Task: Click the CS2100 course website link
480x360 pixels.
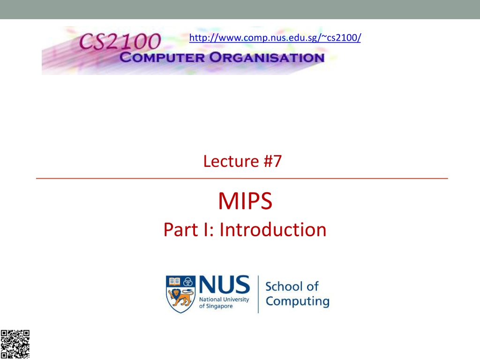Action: pyautogui.click(x=275, y=37)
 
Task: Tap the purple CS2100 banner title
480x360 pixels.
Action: pyautogui.click(x=120, y=41)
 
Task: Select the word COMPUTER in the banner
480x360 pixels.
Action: pyautogui.click(x=162, y=58)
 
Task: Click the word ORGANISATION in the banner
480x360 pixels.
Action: pyautogui.click(x=267, y=58)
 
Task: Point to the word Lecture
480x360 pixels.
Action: pyautogui.click(x=231, y=161)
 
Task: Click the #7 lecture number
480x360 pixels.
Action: pyautogui.click(x=272, y=161)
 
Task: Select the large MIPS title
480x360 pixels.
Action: pyautogui.click(x=245, y=201)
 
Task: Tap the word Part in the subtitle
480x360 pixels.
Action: pyautogui.click(x=181, y=230)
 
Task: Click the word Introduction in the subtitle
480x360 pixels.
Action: pyautogui.click(x=273, y=230)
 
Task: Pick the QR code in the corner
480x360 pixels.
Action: pyautogui.click(x=15, y=344)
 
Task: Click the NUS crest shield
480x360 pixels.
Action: pyautogui.click(x=180, y=294)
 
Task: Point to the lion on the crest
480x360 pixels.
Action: pyautogui.click(x=181, y=297)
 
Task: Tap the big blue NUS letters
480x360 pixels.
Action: pyautogui.click(x=225, y=285)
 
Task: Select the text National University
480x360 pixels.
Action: pyautogui.click(x=224, y=299)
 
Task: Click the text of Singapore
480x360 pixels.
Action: pyautogui.click(x=216, y=306)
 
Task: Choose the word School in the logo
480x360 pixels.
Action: pyautogui.click(x=284, y=286)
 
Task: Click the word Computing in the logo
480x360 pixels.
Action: pyautogui.click(x=298, y=301)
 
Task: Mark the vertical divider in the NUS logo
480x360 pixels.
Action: pyautogui.click(x=258, y=294)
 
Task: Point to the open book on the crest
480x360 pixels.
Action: pyautogui.click(x=174, y=281)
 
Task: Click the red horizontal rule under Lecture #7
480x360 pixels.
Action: pyautogui.click(x=242, y=178)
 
